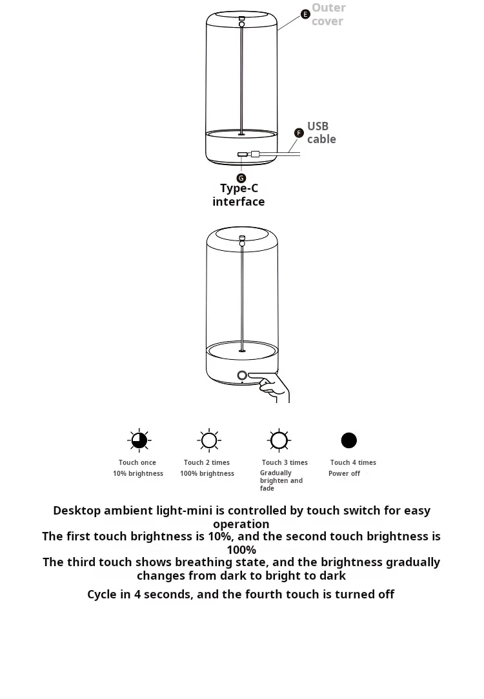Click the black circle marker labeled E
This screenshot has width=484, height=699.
[306, 14]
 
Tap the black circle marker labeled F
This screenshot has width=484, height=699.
[299, 133]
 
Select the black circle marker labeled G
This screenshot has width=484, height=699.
[241, 178]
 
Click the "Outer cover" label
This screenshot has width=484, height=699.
[328, 14]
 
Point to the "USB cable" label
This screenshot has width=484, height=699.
[321, 133]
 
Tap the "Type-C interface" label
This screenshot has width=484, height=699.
[239, 195]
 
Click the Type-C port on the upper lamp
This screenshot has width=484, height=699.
[242, 154]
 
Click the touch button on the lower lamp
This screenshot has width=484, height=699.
[242, 375]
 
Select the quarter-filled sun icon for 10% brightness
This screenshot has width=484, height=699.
[139, 440]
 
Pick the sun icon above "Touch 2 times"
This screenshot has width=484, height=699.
[208, 440]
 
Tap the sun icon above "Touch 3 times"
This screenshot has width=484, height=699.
[279, 440]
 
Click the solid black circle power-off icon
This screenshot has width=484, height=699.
[349, 440]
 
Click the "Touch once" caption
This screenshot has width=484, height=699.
[137, 462]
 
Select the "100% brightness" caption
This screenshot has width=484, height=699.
[207, 473]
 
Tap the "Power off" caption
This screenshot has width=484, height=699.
[344, 473]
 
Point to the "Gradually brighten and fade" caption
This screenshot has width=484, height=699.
[281, 480]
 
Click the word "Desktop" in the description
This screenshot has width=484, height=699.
[77, 511]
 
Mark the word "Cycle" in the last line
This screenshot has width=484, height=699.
[103, 594]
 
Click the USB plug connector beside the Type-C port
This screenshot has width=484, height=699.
[256, 154]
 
